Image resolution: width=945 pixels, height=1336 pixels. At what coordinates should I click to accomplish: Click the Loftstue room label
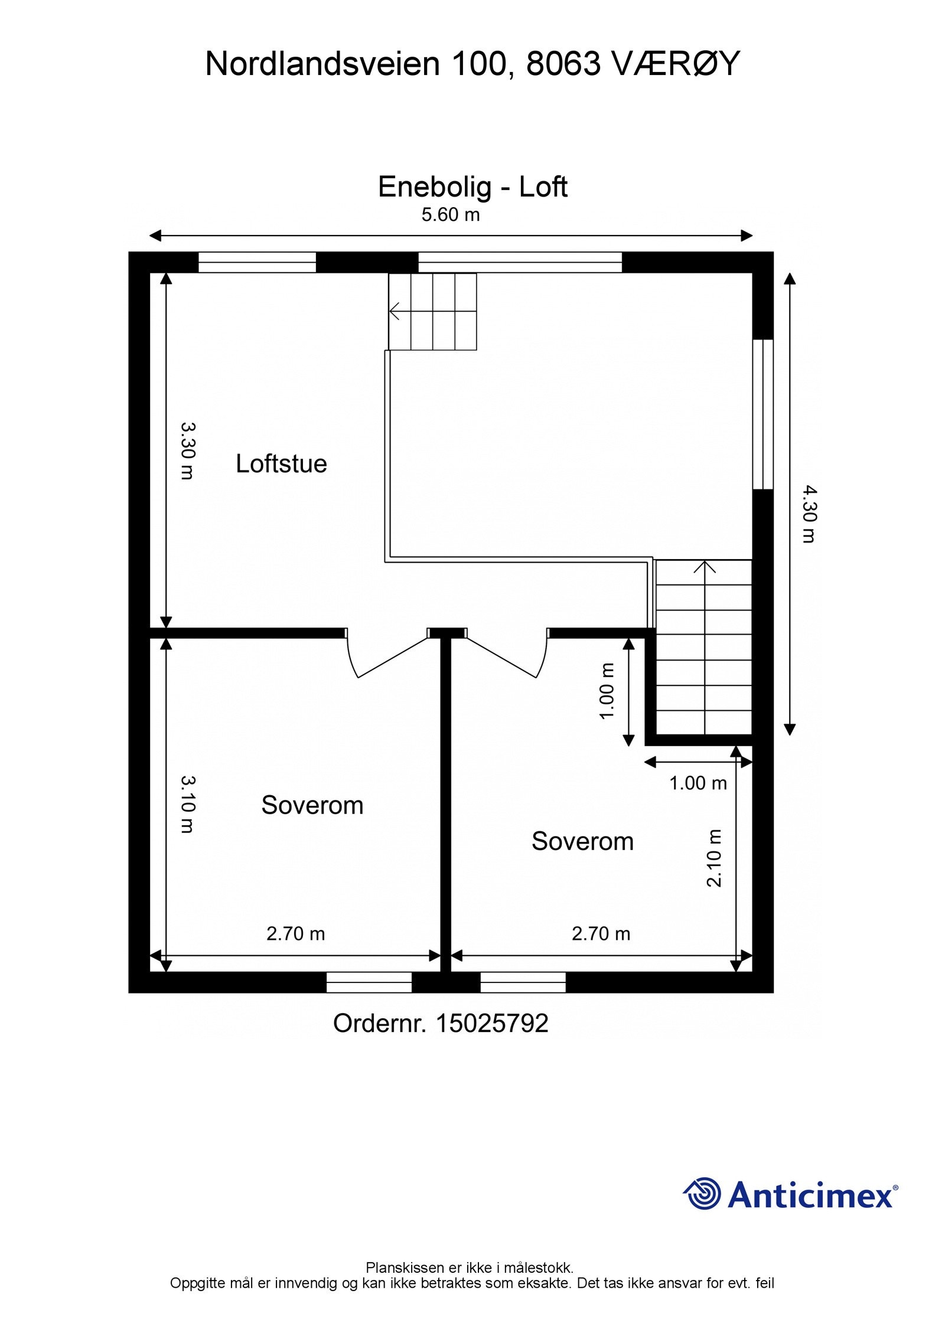(281, 463)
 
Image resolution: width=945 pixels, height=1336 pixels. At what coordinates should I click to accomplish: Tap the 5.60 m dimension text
(450, 215)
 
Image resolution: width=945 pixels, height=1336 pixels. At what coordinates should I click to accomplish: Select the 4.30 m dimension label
(809, 514)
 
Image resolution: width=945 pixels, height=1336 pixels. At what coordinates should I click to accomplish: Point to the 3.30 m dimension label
(187, 450)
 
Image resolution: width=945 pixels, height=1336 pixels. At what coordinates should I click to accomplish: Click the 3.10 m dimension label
(187, 804)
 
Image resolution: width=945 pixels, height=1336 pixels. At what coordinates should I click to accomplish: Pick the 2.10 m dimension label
(715, 858)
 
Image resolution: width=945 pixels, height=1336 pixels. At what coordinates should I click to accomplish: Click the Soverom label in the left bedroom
(312, 805)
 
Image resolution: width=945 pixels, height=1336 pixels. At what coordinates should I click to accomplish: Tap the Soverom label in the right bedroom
(582, 841)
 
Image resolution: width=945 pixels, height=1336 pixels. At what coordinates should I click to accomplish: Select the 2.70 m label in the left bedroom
(295, 933)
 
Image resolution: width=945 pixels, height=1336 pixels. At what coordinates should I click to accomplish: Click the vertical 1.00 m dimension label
(607, 691)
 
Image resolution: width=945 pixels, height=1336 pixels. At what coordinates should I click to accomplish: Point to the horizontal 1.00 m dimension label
(698, 783)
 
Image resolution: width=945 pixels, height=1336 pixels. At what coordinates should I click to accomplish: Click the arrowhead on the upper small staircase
(395, 311)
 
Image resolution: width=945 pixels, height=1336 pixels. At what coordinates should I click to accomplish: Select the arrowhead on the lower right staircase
(704, 567)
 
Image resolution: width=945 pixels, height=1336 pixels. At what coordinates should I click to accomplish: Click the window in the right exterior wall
(763, 414)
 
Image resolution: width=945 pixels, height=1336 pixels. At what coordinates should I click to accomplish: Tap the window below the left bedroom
(369, 982)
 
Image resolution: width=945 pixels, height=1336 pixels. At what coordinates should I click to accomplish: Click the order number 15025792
(491, 1024)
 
